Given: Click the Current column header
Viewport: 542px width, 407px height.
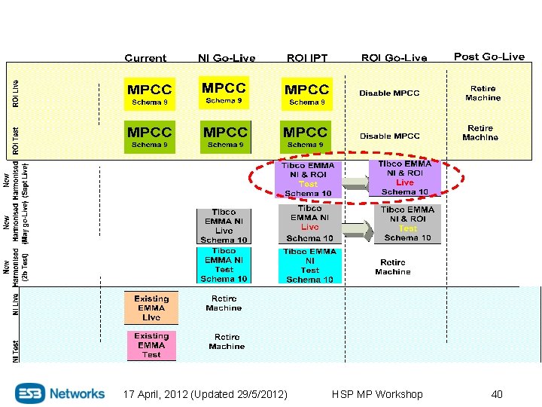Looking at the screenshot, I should [145, 58].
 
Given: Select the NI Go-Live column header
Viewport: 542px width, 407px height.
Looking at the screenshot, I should [227, 58].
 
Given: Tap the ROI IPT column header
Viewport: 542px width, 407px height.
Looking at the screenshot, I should [307, 58].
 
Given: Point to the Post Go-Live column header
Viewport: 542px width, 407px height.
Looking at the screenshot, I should [489, 57].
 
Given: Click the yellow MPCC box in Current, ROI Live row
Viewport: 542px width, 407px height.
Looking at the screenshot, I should [150, 94].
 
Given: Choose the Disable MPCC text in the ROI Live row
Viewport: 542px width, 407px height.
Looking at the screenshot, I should [389, 93].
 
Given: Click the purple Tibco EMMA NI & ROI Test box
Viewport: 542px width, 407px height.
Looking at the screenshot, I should [309, 179].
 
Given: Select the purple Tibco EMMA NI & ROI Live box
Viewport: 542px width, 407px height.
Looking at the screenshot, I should [405, 178].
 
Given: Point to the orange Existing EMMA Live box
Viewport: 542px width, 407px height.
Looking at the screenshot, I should [151, 308].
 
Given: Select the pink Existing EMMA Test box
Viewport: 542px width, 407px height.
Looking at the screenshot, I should [151, 345].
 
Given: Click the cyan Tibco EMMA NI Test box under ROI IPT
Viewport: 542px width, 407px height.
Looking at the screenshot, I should [309, 265].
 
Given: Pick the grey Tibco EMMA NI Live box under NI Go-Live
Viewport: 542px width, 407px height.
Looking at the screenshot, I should [224, 226].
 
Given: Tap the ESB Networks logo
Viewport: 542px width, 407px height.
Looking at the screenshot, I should [61, 393].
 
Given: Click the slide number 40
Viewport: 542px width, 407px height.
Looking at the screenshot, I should [497, 394].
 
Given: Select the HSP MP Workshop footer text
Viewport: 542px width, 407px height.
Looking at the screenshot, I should [377, 394].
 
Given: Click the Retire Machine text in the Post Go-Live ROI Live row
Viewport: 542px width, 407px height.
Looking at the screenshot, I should [483, 93].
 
